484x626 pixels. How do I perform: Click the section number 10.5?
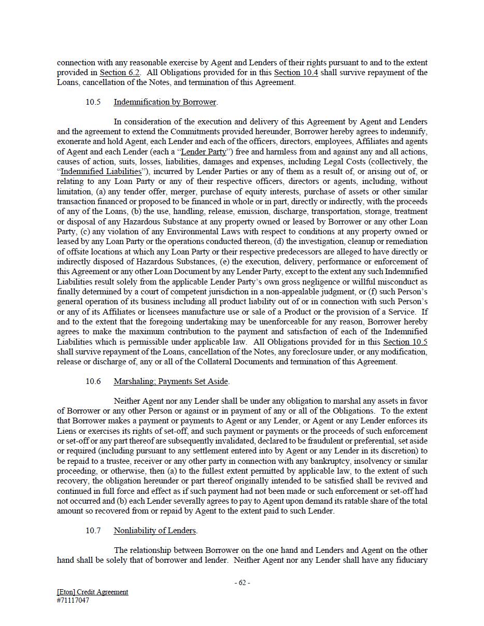pyautogui.click(x=93, y=102)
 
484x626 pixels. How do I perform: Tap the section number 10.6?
pyautogui.click(x=93, y=381)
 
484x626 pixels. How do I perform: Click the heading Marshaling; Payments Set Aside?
pyautogui.click(x=170, y=381)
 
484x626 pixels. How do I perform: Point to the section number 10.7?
pyautogui.click(x=93, y=531)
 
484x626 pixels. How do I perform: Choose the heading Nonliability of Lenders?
pyautogui.click(x=155, y=531)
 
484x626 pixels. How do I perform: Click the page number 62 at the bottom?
pyautogui.click(x=242, y=582)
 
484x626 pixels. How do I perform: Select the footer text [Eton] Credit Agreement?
pyautogui.click(x=92, y=592)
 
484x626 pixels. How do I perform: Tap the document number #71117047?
pyautogui.click(x=73, y=601)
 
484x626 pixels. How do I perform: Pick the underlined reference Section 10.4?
pyautogui.click(x=296, y=73)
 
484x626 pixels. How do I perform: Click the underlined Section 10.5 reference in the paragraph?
pyautogui.click(x=405, y=342)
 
